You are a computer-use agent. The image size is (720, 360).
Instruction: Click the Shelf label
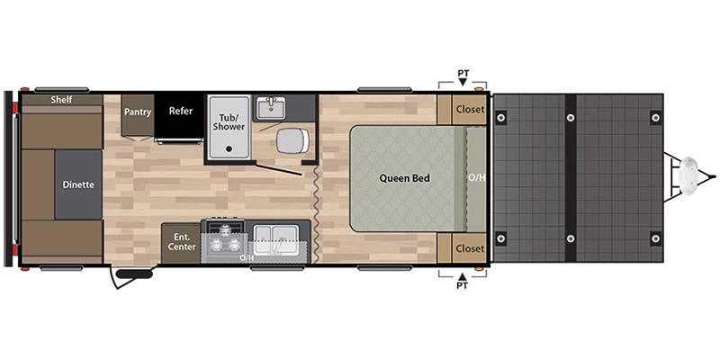click(x=61, y=100)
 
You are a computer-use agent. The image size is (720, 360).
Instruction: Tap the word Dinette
click(x=78, y=184)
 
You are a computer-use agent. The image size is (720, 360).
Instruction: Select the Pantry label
click(x=138, y=112)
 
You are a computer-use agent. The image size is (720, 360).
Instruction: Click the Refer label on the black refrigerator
click(x=180, y=112)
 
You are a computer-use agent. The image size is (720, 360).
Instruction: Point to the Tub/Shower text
click(x=229, y=121)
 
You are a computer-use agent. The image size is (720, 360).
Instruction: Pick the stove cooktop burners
click(x=221, y=239)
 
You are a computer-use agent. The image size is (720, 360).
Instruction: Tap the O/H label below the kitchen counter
click(x=246, y=258)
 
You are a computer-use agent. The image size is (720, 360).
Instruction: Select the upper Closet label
click(x=470, y=110)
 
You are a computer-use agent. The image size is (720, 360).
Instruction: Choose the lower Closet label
click(x=470, y=247)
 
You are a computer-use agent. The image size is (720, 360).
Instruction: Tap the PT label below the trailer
click(x=463, y=288)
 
